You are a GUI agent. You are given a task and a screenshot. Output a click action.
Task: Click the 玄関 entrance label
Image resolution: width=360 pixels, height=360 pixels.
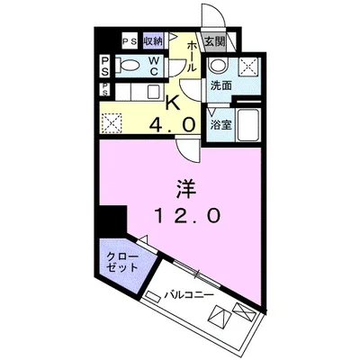tap(215, 41)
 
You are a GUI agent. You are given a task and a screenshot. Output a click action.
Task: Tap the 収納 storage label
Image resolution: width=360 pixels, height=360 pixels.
tap(153, 41)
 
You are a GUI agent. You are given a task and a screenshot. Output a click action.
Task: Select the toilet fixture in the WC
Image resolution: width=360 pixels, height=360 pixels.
tap(129, 65)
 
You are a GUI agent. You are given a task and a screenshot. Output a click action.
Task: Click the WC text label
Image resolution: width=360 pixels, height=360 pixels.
tap(154, 66)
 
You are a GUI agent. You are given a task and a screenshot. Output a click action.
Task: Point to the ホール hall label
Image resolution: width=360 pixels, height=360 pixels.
tap(192, 57)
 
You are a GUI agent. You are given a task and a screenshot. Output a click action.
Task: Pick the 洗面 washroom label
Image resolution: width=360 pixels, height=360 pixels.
tap(220, 85)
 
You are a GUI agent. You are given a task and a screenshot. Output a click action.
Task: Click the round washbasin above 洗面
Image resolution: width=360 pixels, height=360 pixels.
tap(219, 64)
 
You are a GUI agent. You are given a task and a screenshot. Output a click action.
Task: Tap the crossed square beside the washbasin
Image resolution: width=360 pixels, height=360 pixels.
tap(247, 66)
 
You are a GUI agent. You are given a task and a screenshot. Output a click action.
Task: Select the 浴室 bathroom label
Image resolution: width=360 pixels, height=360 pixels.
tap(220, 125)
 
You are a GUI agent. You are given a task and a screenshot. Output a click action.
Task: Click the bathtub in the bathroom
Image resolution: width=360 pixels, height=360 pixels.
tap(247, 125)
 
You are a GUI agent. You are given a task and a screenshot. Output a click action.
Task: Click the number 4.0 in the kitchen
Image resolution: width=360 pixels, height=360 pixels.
tap(173, 123)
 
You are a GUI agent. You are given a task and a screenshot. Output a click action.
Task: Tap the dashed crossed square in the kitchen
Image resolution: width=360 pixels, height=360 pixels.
tap(112, 122)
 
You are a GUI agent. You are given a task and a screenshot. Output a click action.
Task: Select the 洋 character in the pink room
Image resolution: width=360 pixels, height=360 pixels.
tap(186, 190)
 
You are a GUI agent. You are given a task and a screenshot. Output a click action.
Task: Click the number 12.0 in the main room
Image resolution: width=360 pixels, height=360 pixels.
tap(187, 215)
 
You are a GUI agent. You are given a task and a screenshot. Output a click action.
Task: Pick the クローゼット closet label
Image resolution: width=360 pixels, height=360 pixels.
tap(122, 262)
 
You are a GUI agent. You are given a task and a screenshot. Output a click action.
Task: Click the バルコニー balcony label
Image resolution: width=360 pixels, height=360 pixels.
tap(189, 295)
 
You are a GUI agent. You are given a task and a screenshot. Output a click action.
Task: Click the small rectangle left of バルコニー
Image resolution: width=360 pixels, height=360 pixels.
tap(153, 297)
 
